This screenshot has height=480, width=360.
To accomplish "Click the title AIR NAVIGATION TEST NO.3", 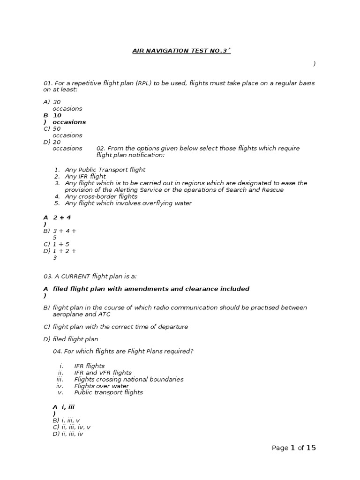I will tap(181, 50).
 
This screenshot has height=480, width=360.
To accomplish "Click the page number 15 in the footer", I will tap(311, 448).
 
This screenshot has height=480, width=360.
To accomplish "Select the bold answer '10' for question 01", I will tap(57, 115).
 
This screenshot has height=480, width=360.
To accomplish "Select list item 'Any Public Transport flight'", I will tap(105, 170).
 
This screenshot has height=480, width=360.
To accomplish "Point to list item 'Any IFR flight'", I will tap(85, 176).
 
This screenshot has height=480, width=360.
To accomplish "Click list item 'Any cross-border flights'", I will tap(101, 197).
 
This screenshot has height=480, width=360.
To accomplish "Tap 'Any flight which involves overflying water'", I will tap(128, 203).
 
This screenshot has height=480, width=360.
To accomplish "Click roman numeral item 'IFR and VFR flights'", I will tap(103, 373).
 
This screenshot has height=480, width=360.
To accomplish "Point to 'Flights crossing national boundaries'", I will tap(129, 379).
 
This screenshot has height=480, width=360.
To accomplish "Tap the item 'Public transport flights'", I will tap(109, 392).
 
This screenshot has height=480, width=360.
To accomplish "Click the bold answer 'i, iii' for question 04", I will tap(68, 407).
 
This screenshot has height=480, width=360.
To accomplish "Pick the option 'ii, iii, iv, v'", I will tap(76, 427).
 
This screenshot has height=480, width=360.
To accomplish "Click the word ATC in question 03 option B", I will tap(105, 315).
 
